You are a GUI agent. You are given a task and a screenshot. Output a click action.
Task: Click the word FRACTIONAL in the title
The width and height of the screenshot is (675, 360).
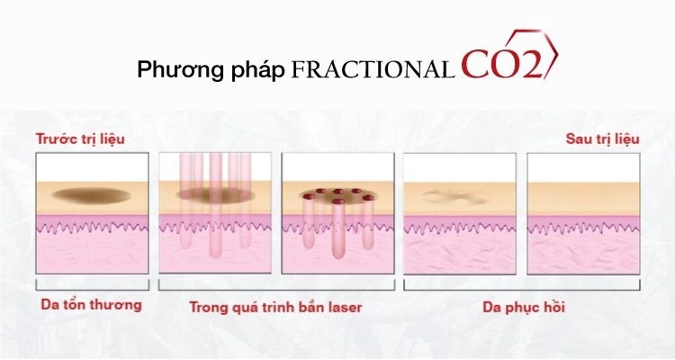pyautogui.click(x=373, y=70)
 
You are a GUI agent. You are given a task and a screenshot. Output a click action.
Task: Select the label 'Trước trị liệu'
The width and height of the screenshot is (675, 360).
pyautogui.click(x=80, y=139)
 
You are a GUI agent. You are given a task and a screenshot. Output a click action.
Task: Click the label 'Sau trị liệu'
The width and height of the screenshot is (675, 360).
pyautogui.click(x=603, y=139)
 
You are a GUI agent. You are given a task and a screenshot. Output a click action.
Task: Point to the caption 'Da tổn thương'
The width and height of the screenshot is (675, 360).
pyautogui.click(x=91, y=304)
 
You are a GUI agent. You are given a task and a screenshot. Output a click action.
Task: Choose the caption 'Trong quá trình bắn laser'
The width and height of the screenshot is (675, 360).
pyautogui.click(x=275, y=308)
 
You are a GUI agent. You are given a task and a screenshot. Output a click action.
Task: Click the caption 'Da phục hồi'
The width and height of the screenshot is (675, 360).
pyautogui.click(x=524, y=308)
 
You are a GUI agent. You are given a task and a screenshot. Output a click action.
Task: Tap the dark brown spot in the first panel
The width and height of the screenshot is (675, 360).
pyautogui.click(x=92, y=195)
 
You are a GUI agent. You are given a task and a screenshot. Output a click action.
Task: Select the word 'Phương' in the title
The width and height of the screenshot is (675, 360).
pyautogui.click(x=180, y=70)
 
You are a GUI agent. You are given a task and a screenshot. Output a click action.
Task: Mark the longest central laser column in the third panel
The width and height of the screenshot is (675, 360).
pyautogui.click(x=338, y=229)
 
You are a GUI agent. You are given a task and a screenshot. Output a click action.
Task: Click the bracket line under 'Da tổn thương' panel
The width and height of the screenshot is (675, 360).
pyautogui.click(x=92, y=290)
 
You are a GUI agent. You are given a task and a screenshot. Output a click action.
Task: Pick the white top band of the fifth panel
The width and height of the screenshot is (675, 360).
pyautogui.click(x=583, y=168)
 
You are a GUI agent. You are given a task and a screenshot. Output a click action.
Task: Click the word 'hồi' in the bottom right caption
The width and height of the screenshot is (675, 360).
pyautogui.click(x=554, y=307)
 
